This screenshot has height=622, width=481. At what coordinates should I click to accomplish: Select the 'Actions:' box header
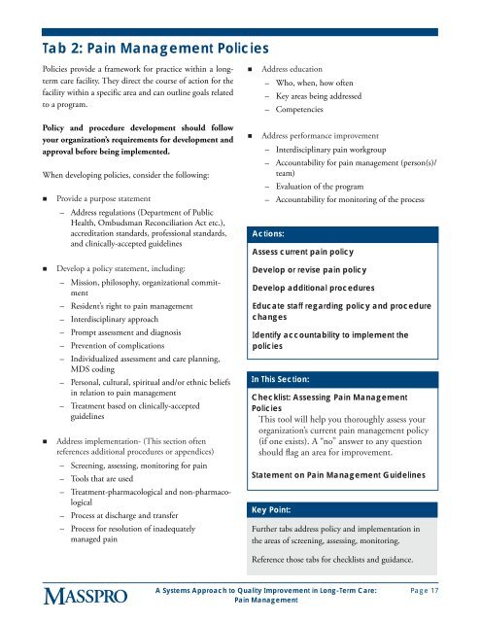point(267,234)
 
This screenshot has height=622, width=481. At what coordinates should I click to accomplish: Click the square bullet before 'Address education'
point(252,71)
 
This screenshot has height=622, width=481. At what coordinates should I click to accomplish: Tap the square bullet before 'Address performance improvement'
point(252,137)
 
